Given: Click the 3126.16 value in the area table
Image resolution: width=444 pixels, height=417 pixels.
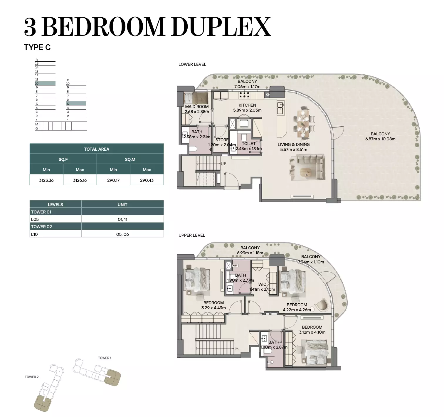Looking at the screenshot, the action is pos(80,180).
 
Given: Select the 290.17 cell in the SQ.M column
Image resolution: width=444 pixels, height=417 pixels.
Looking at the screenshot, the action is pos(113,180).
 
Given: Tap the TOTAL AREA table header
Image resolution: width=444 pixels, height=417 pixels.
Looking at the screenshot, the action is pos(97,149).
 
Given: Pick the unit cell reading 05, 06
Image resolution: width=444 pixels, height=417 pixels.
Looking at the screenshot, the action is pos(122,234).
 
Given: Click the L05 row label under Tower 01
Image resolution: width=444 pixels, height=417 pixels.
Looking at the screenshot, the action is pos(35,219).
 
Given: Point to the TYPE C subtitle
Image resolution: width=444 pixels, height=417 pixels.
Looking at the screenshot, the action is pos(37,47).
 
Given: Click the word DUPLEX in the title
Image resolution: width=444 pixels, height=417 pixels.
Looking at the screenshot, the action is pos(221,27).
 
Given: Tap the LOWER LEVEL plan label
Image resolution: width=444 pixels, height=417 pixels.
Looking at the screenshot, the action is pos(192,64).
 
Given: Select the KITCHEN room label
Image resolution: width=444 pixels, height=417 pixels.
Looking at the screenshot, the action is pos(247,105).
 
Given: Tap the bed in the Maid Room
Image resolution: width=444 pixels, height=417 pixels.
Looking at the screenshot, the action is pos(196,98).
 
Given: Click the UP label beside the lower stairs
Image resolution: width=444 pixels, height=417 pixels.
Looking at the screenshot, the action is pos(223,164).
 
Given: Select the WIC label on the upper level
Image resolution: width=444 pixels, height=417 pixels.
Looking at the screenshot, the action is pos(262,284).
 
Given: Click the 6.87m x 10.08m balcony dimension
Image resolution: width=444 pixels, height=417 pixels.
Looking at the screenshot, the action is pos(380,139).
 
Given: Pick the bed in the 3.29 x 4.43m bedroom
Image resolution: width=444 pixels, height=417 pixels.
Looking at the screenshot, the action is pos(197,280).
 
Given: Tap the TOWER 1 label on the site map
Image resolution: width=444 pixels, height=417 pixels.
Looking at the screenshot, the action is pos(105,358).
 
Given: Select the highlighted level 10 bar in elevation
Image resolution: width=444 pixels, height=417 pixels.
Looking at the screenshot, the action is pos(45,83).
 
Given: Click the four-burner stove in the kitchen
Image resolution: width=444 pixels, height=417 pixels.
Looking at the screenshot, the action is pos(244,95).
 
